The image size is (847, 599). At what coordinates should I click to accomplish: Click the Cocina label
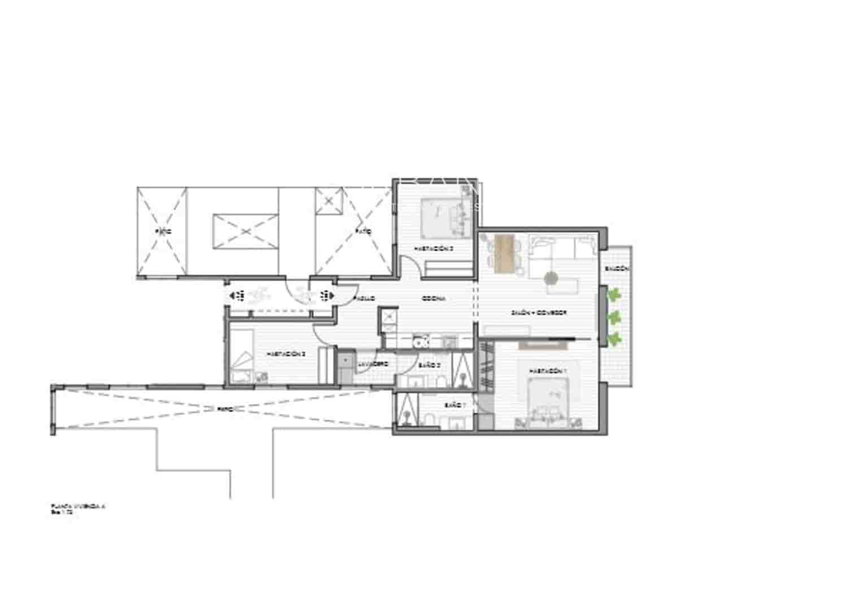tap(433, 299)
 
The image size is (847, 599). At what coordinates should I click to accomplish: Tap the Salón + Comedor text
tap(538, 312)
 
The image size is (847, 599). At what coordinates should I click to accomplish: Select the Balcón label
tap(617, 269)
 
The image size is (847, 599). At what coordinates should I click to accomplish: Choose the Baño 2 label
tap(429, 365)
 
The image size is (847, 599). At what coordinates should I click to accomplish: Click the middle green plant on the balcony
tap(614, 317)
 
